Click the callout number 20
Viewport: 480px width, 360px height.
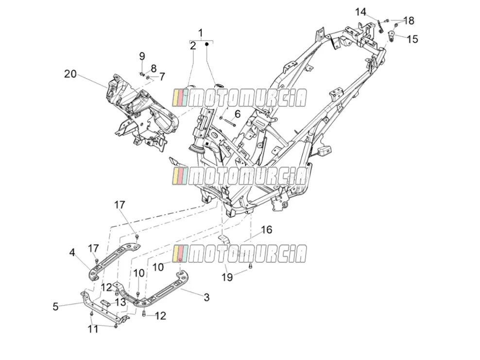70,74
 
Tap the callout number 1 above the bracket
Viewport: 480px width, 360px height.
201,33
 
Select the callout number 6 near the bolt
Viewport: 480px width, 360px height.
238,114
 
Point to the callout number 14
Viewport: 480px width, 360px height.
360,12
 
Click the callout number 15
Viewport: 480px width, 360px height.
412,39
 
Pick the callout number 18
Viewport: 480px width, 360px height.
409,20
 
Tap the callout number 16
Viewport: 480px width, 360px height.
267,230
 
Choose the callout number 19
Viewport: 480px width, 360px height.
227,277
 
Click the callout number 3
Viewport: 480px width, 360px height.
206,297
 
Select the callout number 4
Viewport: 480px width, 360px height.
72,253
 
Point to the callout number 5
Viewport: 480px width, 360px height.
55,307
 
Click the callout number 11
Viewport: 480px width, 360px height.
93,329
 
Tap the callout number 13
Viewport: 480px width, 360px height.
120,302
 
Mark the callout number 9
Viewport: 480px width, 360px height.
142,56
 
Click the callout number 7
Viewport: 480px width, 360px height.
162,76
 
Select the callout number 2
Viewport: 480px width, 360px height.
193,46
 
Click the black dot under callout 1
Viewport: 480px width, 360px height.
206,44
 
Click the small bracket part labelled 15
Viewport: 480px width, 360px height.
392,36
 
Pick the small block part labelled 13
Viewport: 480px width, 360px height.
105,303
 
